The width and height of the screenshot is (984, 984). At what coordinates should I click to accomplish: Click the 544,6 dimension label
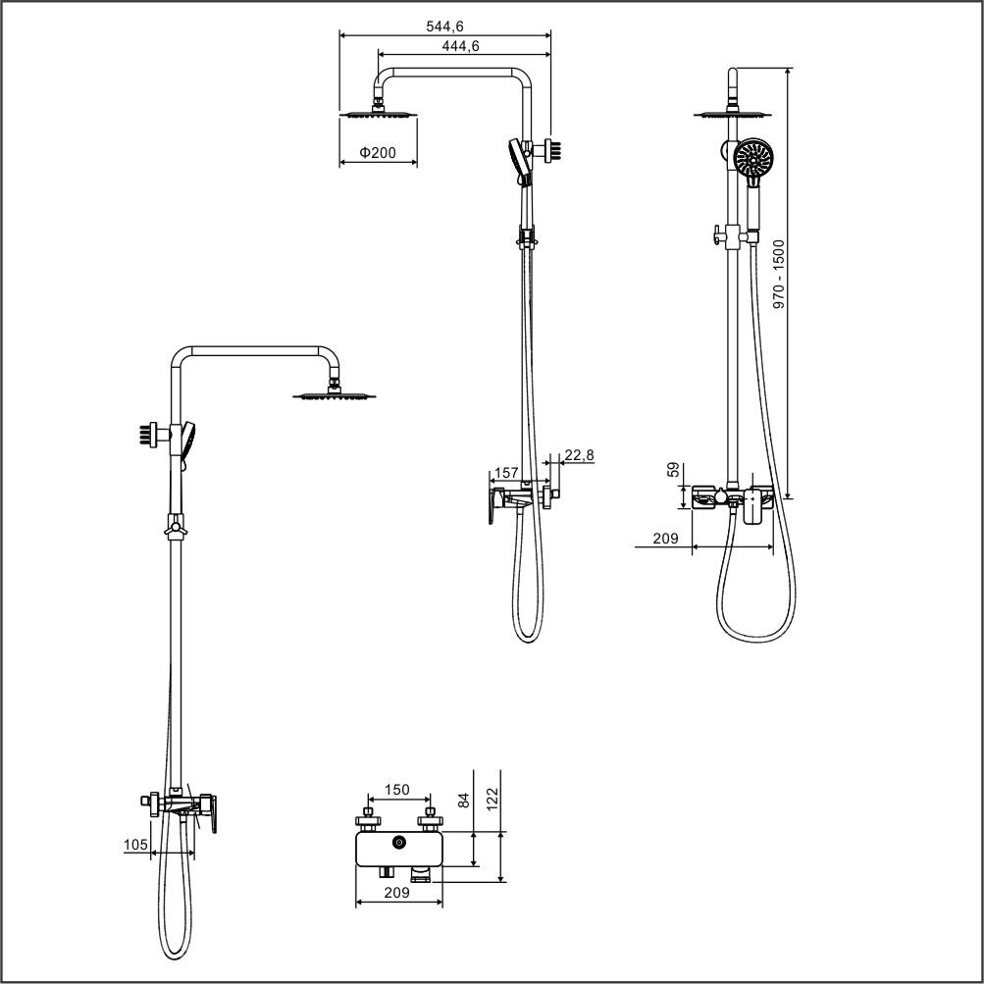click(x=445, y=26)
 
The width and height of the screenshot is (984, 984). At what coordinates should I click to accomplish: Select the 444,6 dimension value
click(x=461, y=46)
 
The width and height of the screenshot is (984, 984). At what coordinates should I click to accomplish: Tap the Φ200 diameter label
click(x=378, y=152)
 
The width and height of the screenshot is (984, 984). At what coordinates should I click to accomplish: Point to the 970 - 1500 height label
click(x=779, y=274)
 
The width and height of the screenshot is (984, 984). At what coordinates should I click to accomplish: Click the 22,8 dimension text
click(x=579, y=455)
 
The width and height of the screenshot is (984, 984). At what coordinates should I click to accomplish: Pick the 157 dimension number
click(x=506, y=473)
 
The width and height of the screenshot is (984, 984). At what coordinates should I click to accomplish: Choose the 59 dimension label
click(x=673, y=469)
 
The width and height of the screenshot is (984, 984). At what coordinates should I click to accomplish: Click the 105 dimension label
click(x=135, y=845)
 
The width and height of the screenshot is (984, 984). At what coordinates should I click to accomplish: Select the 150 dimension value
click(x=397, y=790)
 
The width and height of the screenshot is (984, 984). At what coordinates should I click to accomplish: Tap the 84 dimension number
click(x=464, y=800)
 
